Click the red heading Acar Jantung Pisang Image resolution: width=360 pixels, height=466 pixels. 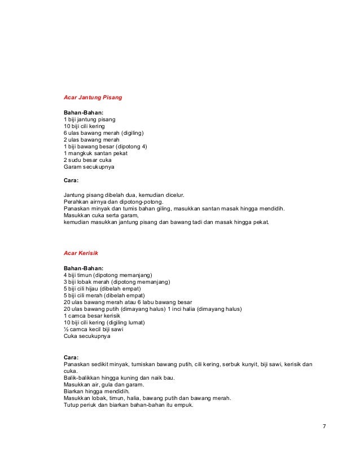(93, 98)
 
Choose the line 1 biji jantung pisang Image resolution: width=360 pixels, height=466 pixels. (90, 120)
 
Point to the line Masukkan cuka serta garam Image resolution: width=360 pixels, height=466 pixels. (102, 215)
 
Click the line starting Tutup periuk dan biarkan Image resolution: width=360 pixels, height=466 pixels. (129, 405)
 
